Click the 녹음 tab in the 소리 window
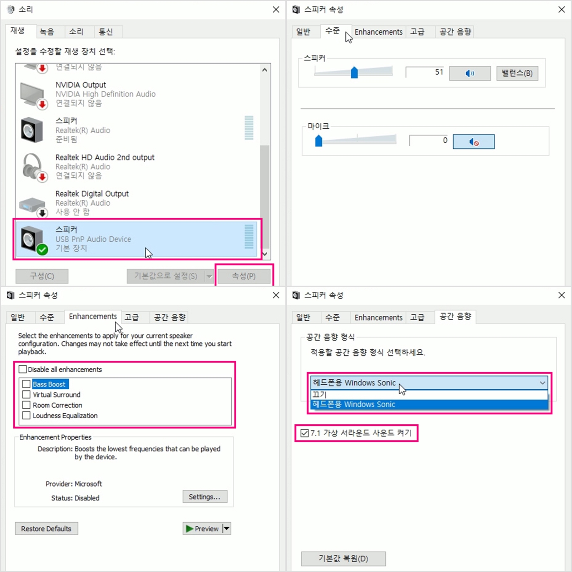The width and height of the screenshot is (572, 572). pos(47,32)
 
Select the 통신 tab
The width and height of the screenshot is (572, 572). pos(105,32)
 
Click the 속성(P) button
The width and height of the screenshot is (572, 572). pos(244,276)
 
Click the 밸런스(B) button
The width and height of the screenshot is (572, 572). pos(517,73)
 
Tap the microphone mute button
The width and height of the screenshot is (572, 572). pos(474,142)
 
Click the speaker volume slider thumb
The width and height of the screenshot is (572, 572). pos(354,72)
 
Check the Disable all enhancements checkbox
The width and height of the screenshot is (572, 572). pos(23,369)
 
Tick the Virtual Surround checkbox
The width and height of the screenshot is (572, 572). pos(26,395)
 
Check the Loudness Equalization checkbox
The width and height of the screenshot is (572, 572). pos(26,415)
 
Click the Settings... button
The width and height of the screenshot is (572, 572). pos(205,497)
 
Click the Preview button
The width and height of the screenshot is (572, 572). pos(202,528)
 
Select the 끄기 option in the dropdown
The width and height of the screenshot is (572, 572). pos(429,395)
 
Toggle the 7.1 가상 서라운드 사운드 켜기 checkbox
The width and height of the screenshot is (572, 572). pos(305,433)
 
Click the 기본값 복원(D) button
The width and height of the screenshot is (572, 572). pos(343,558)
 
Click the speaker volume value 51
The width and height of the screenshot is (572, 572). pos(439,72)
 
